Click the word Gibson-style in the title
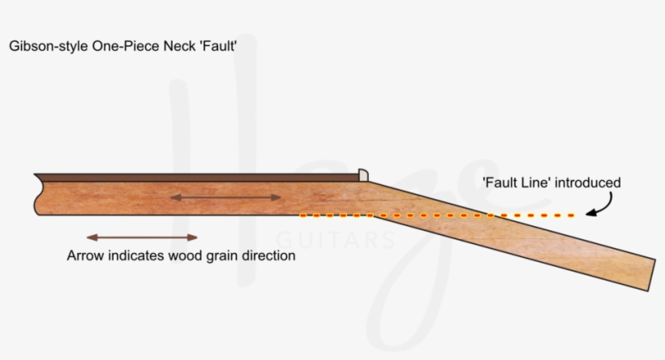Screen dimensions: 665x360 (x=41, y=46)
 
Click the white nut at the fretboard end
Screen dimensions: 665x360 (x=363, y=174)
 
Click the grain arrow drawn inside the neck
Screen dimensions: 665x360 (x=225, y=197)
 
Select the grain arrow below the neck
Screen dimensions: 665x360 (x=142, y=238)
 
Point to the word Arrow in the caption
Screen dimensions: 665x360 (x=84, y=256)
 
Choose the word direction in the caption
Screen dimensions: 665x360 (x=268, y=256)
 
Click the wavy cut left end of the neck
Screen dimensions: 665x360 (x=37, y=195)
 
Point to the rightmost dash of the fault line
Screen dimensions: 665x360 (x=571, y=216)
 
